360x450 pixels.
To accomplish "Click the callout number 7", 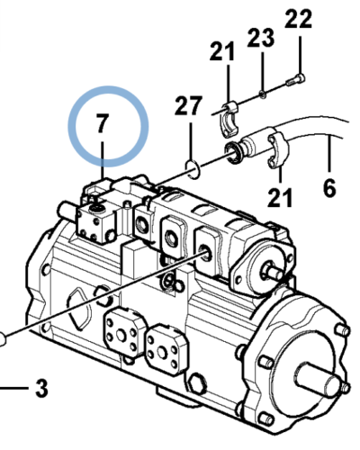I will coord(103,125).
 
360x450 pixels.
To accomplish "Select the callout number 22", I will coord(300,18).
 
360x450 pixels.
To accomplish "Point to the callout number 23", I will coord(260,38).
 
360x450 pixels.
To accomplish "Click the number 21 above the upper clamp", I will coord(221,52).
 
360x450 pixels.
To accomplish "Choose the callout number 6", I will coord(329,188).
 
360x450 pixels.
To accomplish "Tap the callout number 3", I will coord(40,390).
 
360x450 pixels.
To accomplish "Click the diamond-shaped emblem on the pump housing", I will coord(78,303).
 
